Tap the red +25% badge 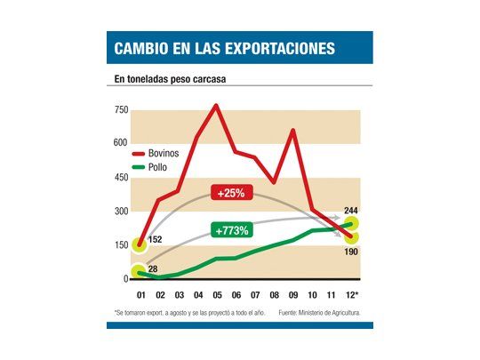(x=234, y=193)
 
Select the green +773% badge (x=232, y=230)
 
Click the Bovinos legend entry (x=161, y=153)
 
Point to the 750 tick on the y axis (x=121, y=110)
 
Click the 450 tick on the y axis (x=121, y=178)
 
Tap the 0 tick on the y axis (x=125, y=279)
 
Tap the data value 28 (x=152, y=269)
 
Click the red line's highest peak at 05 (x=215, y=106)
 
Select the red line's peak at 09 (x=293, y=131)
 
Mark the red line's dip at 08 (x=274, y=182)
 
